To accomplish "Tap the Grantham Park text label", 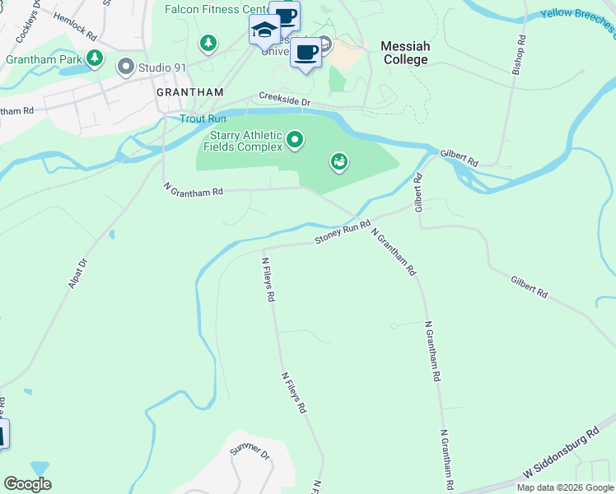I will click(x=43, y=59).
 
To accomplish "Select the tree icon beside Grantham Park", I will click(x=96, y=58).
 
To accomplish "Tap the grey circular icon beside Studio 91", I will click(x=126, y=66).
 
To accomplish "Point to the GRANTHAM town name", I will click(x=190, y=93).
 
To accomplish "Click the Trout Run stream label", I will click(x=203, y=119).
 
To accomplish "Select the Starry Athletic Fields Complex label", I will click(x=246, y=141).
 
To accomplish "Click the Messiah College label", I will click(x=404, y=54).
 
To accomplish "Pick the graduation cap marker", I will click(x=264, y=31).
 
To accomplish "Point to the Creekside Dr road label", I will click(x=284, y=98).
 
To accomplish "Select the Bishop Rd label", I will click(x=519, y=55).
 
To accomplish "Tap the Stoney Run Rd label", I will click(x=342, y=232).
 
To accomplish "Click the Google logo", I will click(x=27, y=484).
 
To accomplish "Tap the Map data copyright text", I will click(x=565, y=487).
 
